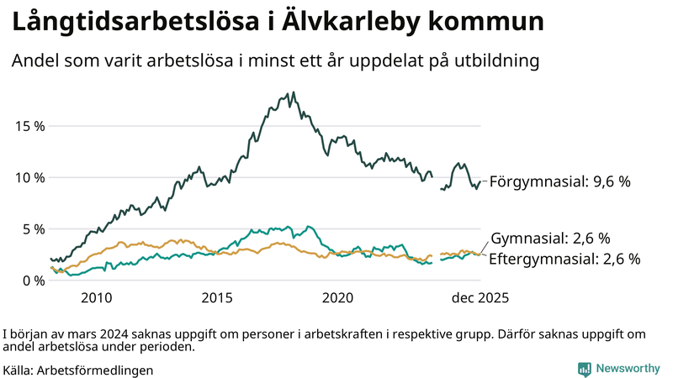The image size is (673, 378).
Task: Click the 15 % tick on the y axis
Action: pos(30,126)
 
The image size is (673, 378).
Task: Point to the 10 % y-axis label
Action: pos(30,177)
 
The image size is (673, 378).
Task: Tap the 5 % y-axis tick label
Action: pos(34,228)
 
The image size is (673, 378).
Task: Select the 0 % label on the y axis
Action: pos(34,280)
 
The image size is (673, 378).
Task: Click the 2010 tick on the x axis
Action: pos(97,298)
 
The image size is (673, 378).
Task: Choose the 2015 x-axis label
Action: pos(218,298)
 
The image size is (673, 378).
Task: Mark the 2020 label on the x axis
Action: pos(338,298)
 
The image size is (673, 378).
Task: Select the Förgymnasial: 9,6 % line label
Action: pos(559,181)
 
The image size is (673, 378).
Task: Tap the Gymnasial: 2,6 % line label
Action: pos(549,239)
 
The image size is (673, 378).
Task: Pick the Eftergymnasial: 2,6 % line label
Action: pos(564,259)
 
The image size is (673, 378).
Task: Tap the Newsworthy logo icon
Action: pos(584,368)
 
